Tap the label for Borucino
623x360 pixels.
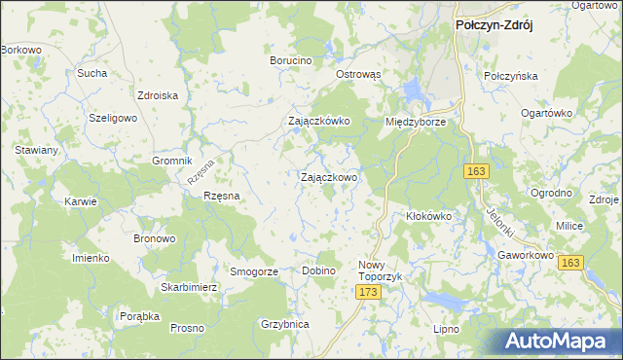(x=290, y=60)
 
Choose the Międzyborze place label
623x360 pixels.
(x=416, y=123)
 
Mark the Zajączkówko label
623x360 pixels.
(x=318, y=122)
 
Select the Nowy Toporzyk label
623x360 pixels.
(x=380, y=270)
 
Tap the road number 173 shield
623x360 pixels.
(x=367, y=292)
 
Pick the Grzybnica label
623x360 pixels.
(x=285, y=324)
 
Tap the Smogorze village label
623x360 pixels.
(x=253, y=271)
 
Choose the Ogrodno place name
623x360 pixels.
(x=551, y=193)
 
